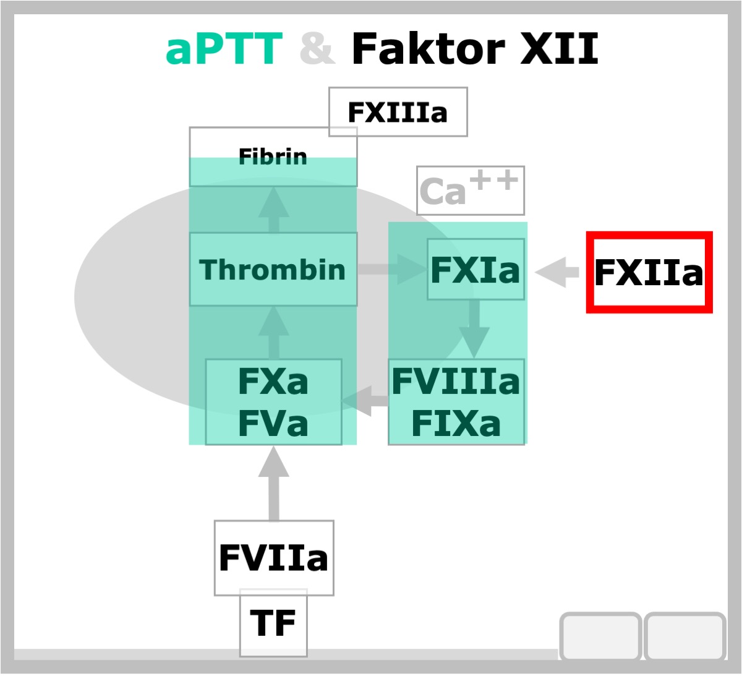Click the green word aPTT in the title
coord(224,49)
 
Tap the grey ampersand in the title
coord(318,48)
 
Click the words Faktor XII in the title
coord(475,48)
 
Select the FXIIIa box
coord(398,112)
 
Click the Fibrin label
coord(273,156)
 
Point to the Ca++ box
coord(471,190)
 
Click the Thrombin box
coord(273,270)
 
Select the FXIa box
coord(475,269)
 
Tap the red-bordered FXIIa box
coord(649,272)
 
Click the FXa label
coord(273,382)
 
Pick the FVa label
coord(273,423)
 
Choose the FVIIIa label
coord(456,381)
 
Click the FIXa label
coord(456,423)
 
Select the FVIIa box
coord(274,558)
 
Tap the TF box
coord(273,623)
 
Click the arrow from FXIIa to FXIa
coord(556,272)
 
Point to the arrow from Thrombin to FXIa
coord(393,269)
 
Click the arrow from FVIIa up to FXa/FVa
coord(274,483)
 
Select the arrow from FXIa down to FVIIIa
coord(474,328)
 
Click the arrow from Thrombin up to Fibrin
coord(274,210)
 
